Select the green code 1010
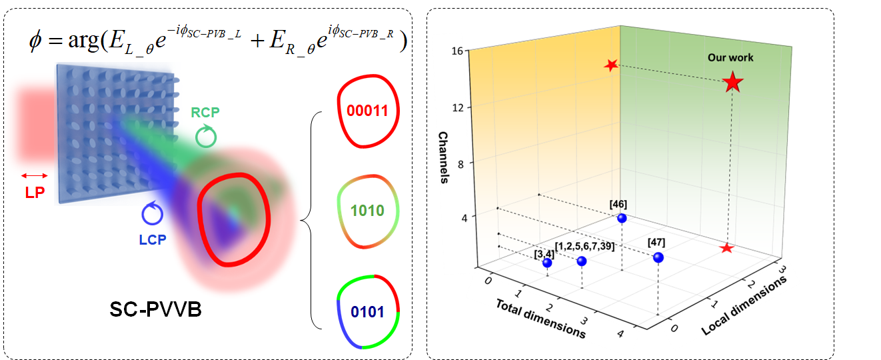(367, 211)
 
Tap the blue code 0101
(367, 311)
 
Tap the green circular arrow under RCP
(205, 137)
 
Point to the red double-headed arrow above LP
(34, 175)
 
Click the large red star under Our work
(732, 83)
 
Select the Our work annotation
(730, 58)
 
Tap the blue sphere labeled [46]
(622, 218)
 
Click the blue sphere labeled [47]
(658, 257)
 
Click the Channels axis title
(444, 158)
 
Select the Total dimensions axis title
(540, 318)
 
